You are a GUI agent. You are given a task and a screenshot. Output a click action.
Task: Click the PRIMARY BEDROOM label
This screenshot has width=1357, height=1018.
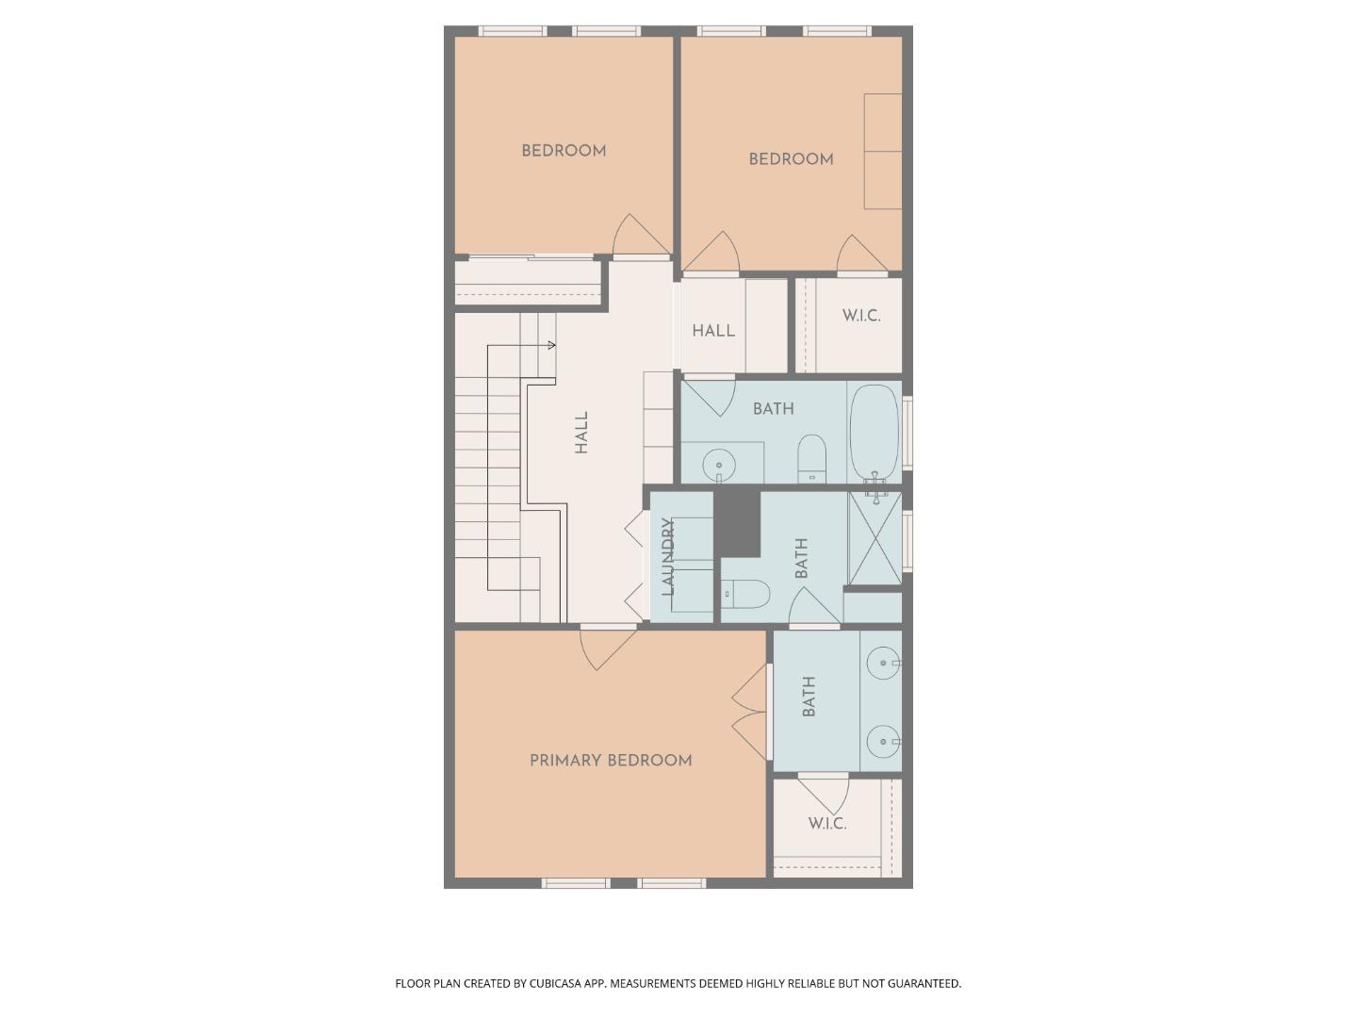coord(611,761)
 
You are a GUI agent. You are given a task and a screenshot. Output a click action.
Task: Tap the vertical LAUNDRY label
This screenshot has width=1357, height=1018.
coord(668,557)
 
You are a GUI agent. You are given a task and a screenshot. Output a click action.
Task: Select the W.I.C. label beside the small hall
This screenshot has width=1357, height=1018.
coord(861,316)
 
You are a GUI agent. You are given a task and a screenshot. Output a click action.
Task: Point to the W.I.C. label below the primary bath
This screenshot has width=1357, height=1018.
coord(826,824)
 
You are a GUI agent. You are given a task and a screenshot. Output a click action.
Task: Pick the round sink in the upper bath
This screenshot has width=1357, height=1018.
coord(719,465)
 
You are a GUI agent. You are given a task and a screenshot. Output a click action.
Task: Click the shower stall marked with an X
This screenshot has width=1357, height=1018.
coord(875,537)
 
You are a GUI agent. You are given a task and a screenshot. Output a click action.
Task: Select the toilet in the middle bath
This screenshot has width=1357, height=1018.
coord(746,595)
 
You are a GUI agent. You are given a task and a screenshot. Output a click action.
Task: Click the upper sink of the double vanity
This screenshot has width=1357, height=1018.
coord(882,664)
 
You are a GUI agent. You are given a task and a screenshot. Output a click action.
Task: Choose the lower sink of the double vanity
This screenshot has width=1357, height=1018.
coord(882,742)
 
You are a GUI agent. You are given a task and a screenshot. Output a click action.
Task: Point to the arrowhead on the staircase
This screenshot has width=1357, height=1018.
coord(551,345)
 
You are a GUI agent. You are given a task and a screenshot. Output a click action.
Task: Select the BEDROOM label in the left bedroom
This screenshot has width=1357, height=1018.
coord(564,151)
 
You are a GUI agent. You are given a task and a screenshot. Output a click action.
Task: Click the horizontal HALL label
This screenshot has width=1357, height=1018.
coord(713,331)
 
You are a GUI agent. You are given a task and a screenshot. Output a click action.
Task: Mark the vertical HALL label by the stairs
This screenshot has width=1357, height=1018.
coord(581,433)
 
